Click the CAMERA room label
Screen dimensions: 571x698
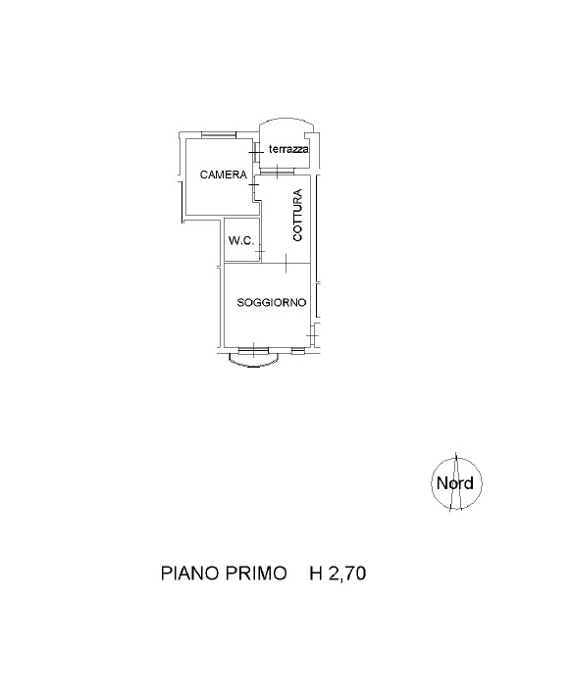pyautogui.click(x=223, y=174)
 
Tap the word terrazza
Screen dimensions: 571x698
pyautogui.click(x=288, y=150)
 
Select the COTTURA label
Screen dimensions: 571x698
pyautogui.click(x=297, y=215)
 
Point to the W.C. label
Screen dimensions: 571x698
pyautogui.click(x=241, y=241)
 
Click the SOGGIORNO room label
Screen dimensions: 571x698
pyautogui.click(x=272, y=303)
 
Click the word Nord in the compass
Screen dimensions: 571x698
pyautogui.click(x=455, y=483)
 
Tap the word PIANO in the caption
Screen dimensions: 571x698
pyautogui.click(x=189, y=573)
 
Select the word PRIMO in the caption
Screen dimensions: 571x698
pyautogui.click(x=256, y=573)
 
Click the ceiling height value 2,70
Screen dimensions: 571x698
pyautogui.click(x=347, y=573)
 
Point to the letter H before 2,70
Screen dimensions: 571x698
pyautogui.click(x=316, y=573)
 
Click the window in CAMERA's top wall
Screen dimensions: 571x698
pyautogui.click(x=218, y=135)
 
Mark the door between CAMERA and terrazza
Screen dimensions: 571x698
pyautogui.click(x=256, y=153)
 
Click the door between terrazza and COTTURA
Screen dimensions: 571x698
pyautogui.click(x=277, y=171)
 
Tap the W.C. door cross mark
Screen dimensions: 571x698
pyautogui.click(x=260, y=252)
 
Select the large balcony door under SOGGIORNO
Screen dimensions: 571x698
pyautogui.click(x=252, y=350)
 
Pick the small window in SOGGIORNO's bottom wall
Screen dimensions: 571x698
pyautogui.click(x=298, y=351)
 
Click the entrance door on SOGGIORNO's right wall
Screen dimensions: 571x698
pyautogui.click(x=313, y=334)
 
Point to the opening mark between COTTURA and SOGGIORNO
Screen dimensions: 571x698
pyautogui.click(x=285, y=263)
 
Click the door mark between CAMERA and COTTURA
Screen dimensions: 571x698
pyautogui.click(x=255, y=184)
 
